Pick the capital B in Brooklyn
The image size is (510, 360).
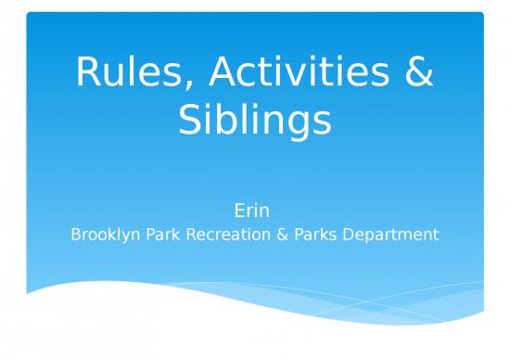pyautogui.click(x=76, y=235)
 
